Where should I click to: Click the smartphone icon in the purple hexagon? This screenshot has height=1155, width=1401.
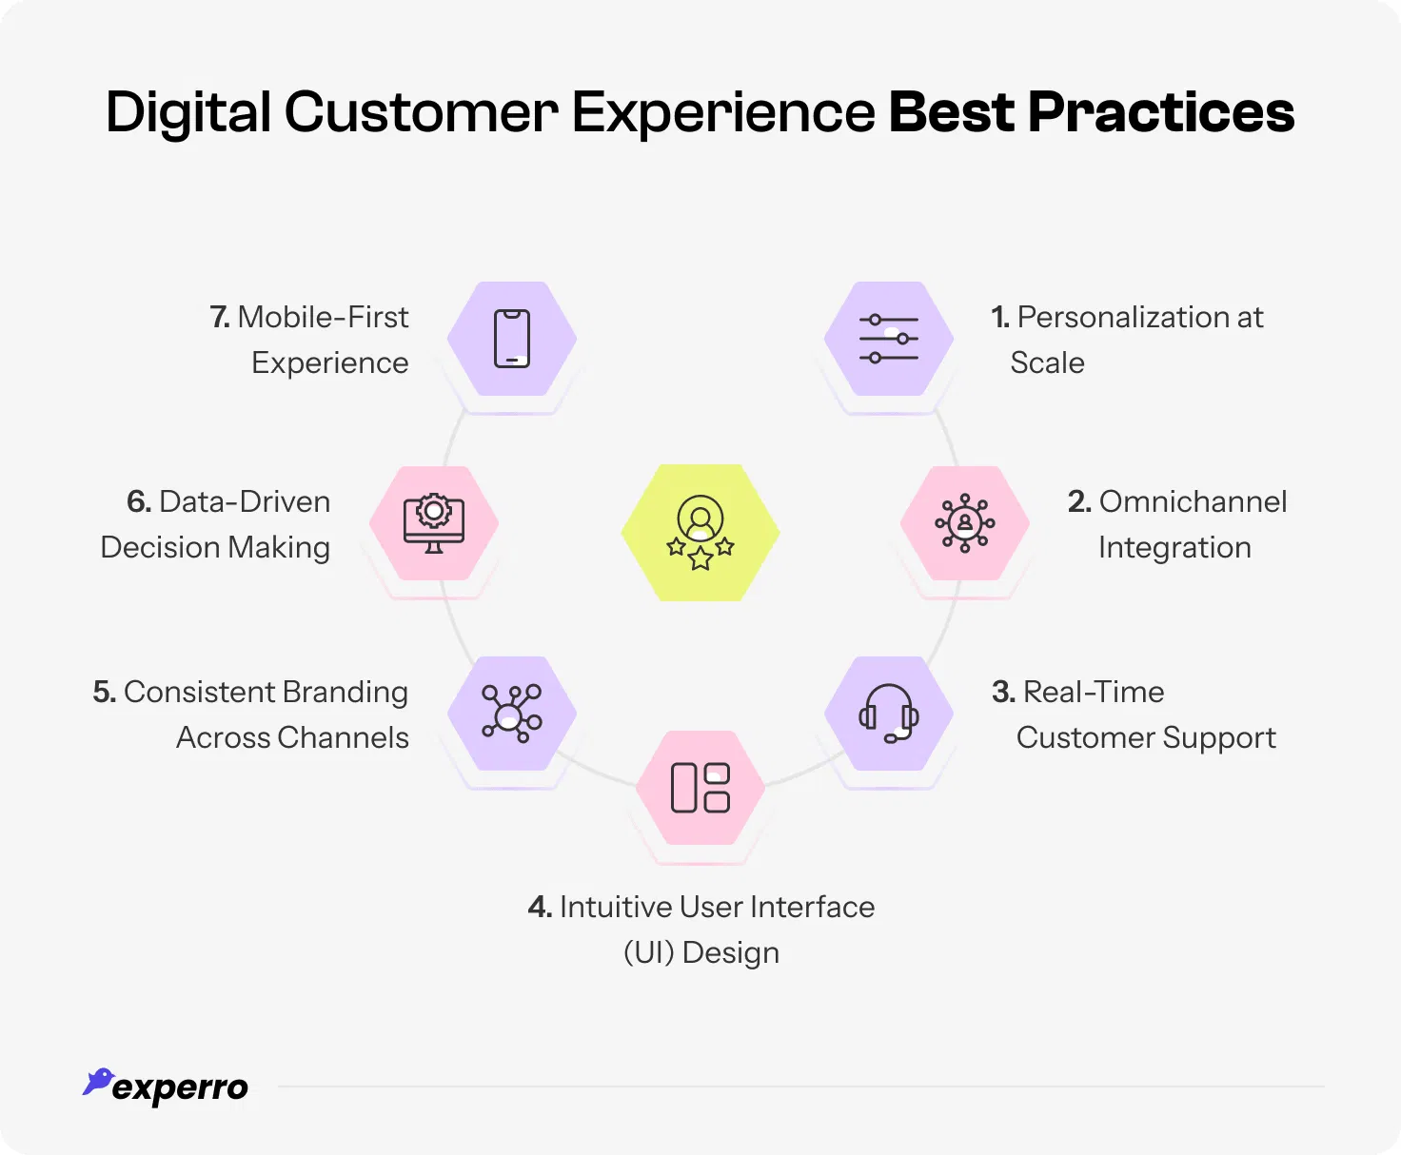512,339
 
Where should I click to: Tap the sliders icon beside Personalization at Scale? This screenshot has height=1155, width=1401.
889,339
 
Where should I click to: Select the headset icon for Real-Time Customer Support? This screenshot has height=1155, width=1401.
889,714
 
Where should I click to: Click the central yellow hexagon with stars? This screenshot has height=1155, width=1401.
700,533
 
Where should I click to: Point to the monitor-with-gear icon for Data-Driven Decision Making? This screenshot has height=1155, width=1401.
434,523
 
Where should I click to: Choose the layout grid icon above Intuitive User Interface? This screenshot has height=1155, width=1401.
700,788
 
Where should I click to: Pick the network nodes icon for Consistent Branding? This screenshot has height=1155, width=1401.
512,714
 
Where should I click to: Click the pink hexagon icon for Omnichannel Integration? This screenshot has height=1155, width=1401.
965,523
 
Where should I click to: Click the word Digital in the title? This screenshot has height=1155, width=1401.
188,112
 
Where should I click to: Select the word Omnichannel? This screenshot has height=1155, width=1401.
1193,501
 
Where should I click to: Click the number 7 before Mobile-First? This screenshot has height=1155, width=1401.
219,317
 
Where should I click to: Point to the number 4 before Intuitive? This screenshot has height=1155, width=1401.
539,907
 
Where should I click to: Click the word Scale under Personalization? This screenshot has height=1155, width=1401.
1047,362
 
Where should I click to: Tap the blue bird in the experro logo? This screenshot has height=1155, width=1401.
98,1082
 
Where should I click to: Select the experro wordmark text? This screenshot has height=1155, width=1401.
180,1087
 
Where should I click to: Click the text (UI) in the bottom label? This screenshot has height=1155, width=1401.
648,952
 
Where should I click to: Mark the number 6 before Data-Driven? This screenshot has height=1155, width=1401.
138,501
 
